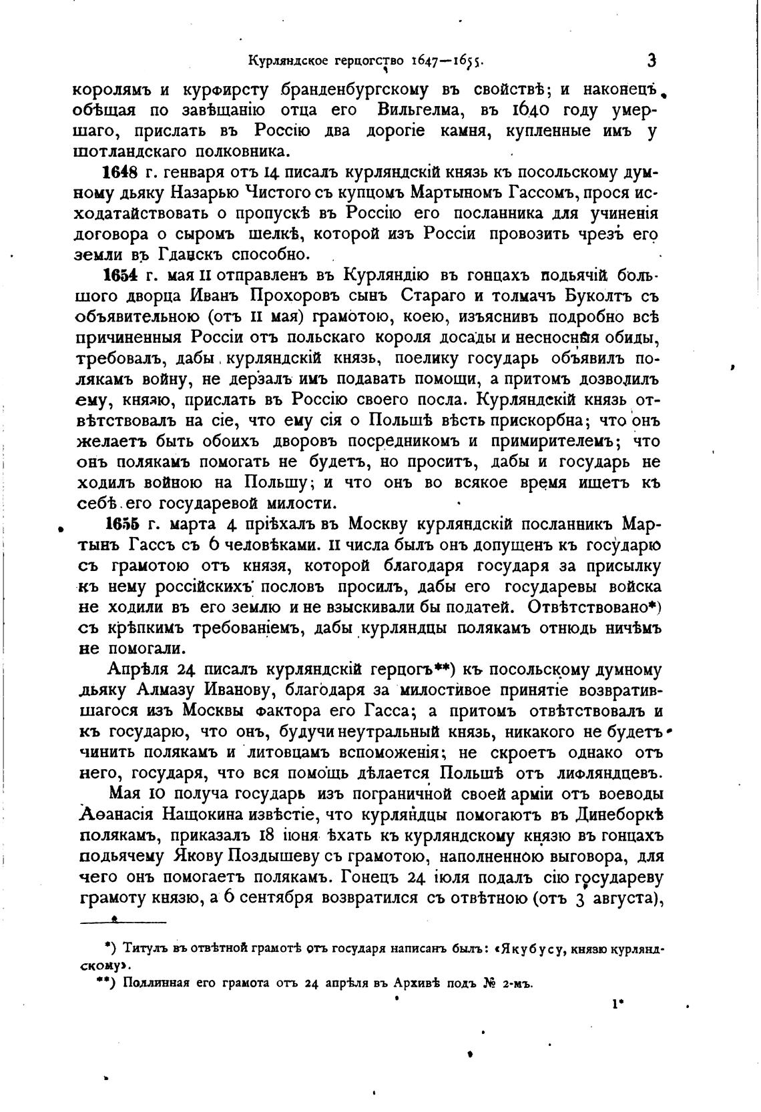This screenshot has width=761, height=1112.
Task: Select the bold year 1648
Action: (119, 173)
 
